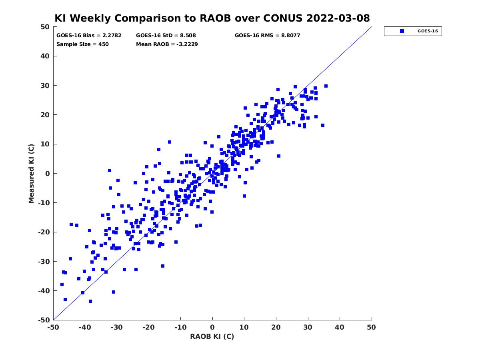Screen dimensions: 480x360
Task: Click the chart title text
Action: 212,18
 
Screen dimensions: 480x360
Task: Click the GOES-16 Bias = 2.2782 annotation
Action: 89,36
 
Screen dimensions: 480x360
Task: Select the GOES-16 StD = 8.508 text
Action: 166,36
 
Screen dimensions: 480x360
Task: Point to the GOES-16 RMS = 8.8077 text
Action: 267,36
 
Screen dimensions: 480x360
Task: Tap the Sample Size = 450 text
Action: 82,44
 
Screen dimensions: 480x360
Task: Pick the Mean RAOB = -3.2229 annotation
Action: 167,44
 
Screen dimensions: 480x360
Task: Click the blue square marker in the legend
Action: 402,31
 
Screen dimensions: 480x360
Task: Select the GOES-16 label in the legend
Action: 428,31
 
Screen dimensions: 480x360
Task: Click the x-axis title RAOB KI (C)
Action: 212,336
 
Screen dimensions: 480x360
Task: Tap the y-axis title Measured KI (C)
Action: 31,174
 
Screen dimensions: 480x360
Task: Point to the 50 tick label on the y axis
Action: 45,27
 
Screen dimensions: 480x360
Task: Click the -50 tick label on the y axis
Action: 44,320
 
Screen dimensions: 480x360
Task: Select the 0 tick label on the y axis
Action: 48,174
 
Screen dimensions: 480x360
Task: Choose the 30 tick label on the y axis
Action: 45,86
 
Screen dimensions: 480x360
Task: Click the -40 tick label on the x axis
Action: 85,327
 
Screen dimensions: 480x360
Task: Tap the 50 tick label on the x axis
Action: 371,327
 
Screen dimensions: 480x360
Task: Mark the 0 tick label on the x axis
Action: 212,327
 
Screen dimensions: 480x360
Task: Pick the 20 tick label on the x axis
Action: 276,327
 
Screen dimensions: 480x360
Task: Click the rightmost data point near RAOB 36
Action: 326,86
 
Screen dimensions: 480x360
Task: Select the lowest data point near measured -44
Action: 90,301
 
